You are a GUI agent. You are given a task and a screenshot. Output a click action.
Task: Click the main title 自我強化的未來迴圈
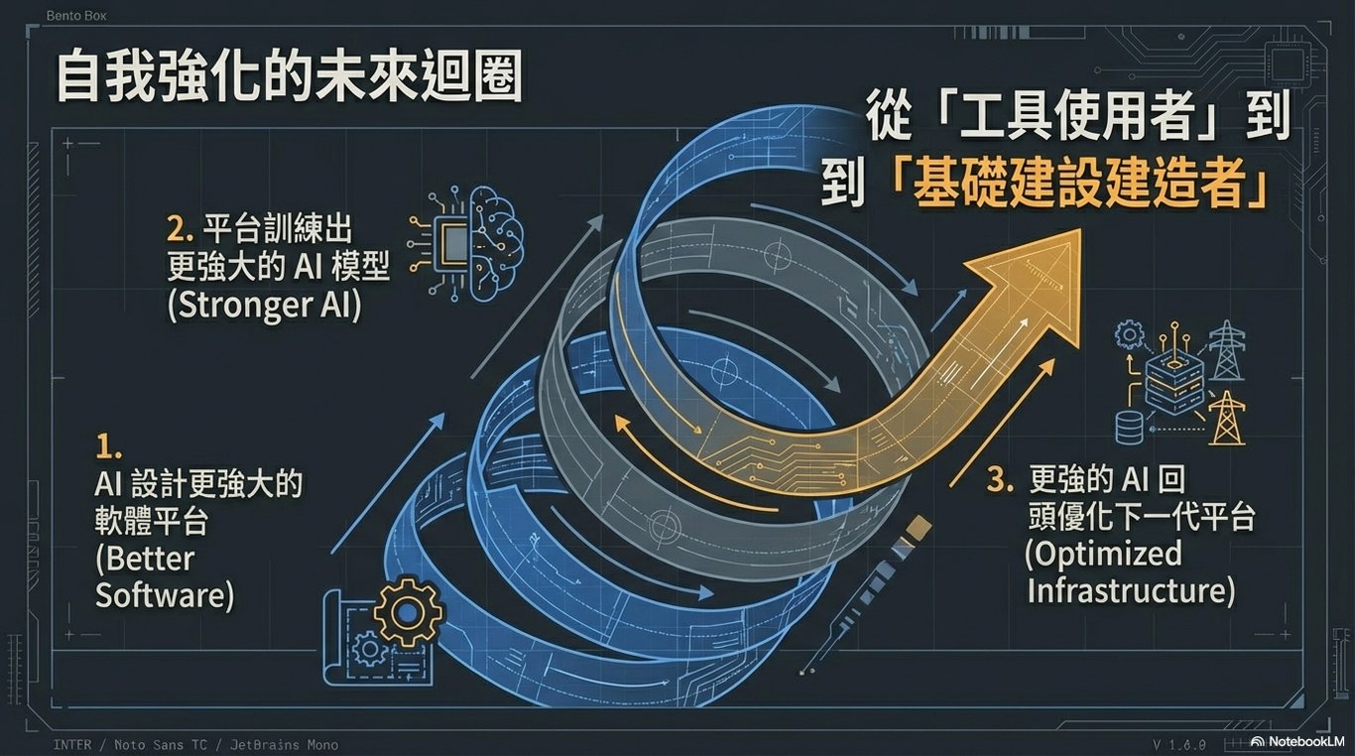tap(288, 76)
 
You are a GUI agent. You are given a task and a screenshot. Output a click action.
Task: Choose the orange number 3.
tap(1001, 481)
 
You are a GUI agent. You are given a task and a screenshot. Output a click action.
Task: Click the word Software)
tap(165, 595)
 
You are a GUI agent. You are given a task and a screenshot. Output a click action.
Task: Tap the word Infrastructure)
tap(1131, 590)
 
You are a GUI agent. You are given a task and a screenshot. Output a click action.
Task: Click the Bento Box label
tap(76, 16)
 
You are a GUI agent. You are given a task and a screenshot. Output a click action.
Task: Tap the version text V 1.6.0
tap(1179, 743)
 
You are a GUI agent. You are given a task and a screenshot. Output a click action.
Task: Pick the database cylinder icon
tap(1130, 428)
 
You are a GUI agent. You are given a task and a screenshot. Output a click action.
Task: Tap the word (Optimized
tap(1103, 554)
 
